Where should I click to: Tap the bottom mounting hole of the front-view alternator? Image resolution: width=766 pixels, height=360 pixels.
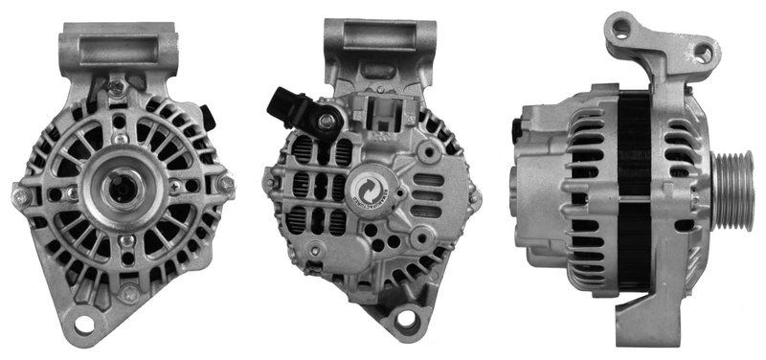[83, 323]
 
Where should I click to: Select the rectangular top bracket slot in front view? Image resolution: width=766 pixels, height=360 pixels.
[117, 49]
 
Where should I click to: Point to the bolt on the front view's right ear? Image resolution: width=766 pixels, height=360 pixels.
[227, 183]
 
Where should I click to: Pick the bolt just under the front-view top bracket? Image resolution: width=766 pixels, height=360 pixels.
[117, 88]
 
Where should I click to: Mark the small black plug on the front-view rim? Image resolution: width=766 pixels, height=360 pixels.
[208, 117]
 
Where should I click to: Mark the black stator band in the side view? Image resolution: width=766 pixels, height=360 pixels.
[633, 191]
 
